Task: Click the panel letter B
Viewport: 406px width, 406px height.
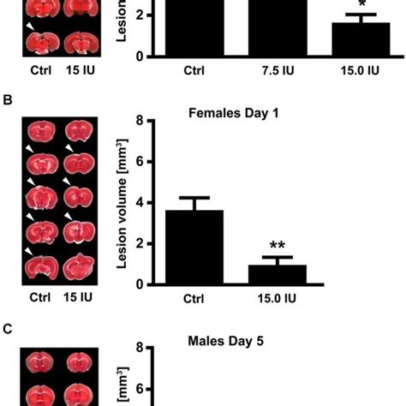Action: point(8,101)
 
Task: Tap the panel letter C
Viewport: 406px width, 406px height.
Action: point(8,328)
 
